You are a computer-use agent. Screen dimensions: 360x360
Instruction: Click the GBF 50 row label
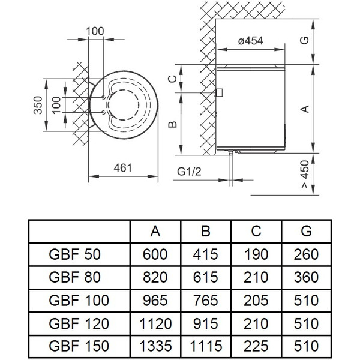pos(74,254)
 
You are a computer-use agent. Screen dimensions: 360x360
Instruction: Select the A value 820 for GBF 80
pos(155,278)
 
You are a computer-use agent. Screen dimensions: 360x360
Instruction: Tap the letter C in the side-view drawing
pos(172,79)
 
